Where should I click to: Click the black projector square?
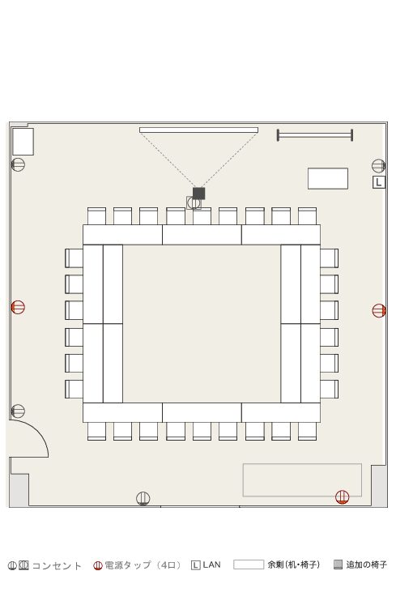point(198,194)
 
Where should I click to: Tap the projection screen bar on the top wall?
point(198,130)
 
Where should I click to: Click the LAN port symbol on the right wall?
point(379,182)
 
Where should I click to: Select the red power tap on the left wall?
point(18,307)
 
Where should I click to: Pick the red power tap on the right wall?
point(379,310)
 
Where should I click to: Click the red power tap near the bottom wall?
point(342,497)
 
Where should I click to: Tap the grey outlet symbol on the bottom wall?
point(143,499)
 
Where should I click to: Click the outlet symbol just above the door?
point(18,411)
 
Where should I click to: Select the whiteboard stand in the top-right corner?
point(314,135)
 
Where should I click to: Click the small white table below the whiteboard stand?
point(328,179)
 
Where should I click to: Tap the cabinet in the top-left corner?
point(23,142)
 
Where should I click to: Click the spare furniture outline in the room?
point(302,480)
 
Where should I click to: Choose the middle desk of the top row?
point(202,235)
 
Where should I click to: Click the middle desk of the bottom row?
point(202,412)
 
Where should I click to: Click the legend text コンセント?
point(57,565)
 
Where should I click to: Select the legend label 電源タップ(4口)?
point(143,565)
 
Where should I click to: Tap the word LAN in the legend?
point(211,565)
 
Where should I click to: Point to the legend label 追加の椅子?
point(366,565)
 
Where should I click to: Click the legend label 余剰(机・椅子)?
point(294,565)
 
